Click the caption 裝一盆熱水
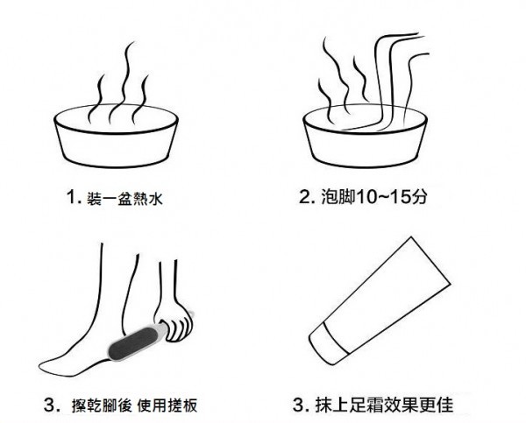coord(124,198)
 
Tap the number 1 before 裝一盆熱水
coord(72,197)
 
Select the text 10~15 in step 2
coord(383,197)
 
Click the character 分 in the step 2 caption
coord(419,197)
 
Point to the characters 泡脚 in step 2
coord(338,197)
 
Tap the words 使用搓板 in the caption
coord(167,405)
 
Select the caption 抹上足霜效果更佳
coord(384,405)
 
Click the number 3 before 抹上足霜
coord(298,405)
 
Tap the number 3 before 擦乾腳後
coord(49,405)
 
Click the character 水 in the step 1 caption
coord(156,199)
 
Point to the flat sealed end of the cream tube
coord(430,260)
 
